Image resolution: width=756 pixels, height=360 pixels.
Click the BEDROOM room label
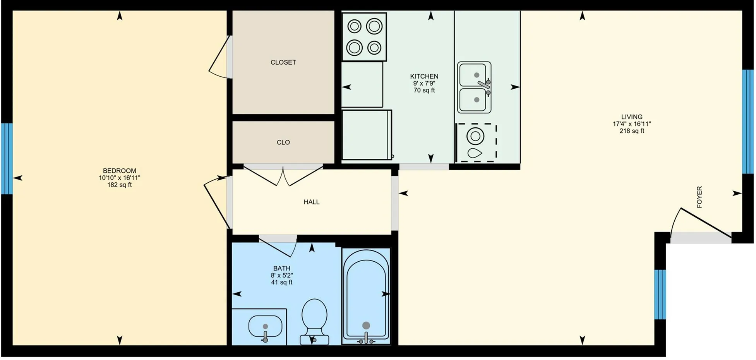119,171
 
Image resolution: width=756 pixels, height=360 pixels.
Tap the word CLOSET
283,62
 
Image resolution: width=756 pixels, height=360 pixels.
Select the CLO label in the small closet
283,142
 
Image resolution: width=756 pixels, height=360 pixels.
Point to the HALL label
312,202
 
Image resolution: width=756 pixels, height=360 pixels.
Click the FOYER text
699,197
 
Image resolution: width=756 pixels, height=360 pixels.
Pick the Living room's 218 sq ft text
632,131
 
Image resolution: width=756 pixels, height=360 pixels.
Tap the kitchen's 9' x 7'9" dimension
424,83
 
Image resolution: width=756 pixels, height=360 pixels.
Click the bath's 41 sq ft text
282,282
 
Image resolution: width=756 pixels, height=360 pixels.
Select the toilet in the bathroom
314,321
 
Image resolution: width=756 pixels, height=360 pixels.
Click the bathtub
366,296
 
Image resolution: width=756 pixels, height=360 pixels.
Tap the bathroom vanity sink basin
265,326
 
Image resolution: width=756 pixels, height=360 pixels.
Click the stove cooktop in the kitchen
364,37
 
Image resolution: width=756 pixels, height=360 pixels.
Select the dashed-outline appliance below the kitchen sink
476,142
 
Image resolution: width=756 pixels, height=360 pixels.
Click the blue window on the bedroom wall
7,159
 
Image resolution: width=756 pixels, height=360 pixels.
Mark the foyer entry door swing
701,223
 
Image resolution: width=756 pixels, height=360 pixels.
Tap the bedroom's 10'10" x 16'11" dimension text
119,178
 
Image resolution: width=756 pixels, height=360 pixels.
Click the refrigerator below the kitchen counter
367,135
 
